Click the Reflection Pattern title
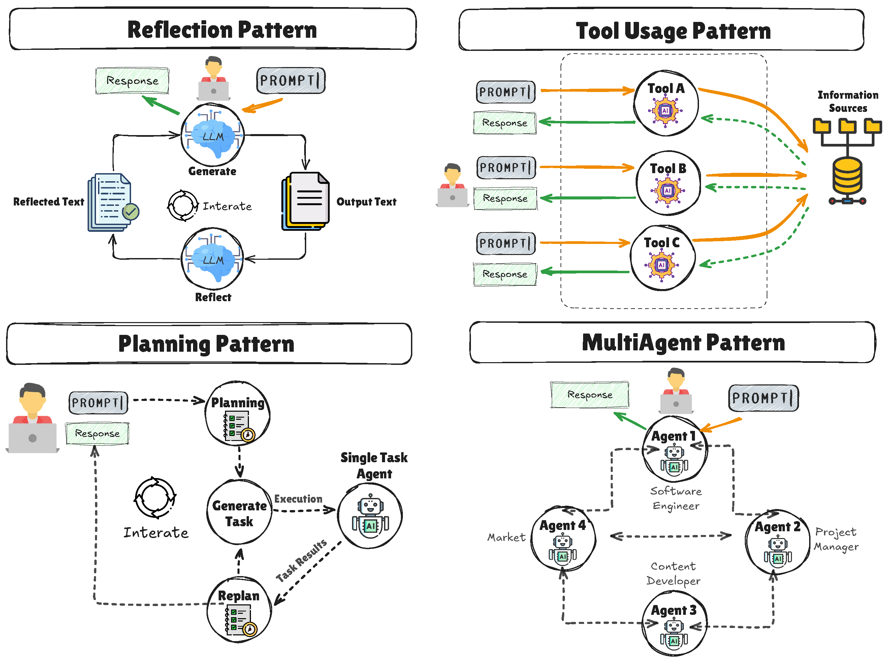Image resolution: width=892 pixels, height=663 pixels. coord(222,30)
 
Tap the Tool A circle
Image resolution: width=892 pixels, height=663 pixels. coord(666,103)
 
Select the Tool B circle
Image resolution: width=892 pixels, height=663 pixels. coord(668,183)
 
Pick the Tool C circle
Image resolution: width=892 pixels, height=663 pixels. coord(662,258)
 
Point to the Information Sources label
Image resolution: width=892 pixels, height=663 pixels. coord(848,101)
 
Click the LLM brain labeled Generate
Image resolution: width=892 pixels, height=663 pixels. coord(212,135)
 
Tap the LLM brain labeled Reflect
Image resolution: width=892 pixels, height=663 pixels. coord(212,259)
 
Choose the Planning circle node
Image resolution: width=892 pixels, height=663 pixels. coord(237,414)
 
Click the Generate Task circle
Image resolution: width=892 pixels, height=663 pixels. coord(239,513)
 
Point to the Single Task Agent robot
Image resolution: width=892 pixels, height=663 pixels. coord(370,516)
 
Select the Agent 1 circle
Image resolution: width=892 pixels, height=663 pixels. coord(675,449)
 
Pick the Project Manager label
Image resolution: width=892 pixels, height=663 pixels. coord(836,539)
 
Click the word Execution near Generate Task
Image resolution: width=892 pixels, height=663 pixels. coord(298,499)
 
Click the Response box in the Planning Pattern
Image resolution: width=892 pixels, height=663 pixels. coord(97,434)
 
